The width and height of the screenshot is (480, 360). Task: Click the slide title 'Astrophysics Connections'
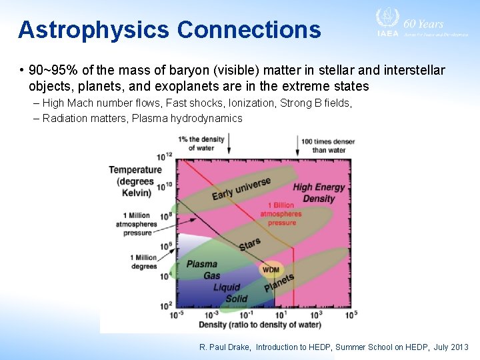169,30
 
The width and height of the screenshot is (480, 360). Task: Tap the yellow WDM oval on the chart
271,269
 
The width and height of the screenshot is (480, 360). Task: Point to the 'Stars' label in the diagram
250,245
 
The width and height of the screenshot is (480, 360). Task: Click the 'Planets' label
279,283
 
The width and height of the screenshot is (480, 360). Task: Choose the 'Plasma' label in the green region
201,264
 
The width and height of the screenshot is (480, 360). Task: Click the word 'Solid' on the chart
236,299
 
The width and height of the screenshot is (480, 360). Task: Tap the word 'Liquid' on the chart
227,287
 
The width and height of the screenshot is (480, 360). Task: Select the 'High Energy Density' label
319,193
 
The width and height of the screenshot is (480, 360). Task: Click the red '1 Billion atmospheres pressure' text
282,214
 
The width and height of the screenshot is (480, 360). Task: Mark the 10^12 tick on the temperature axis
164,157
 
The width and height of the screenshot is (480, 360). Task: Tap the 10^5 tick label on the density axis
351,313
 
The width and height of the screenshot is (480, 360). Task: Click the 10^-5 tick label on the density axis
177,314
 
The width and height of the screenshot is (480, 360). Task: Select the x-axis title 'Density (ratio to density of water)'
259,325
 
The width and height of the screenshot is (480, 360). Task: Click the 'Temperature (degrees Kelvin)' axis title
135,181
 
